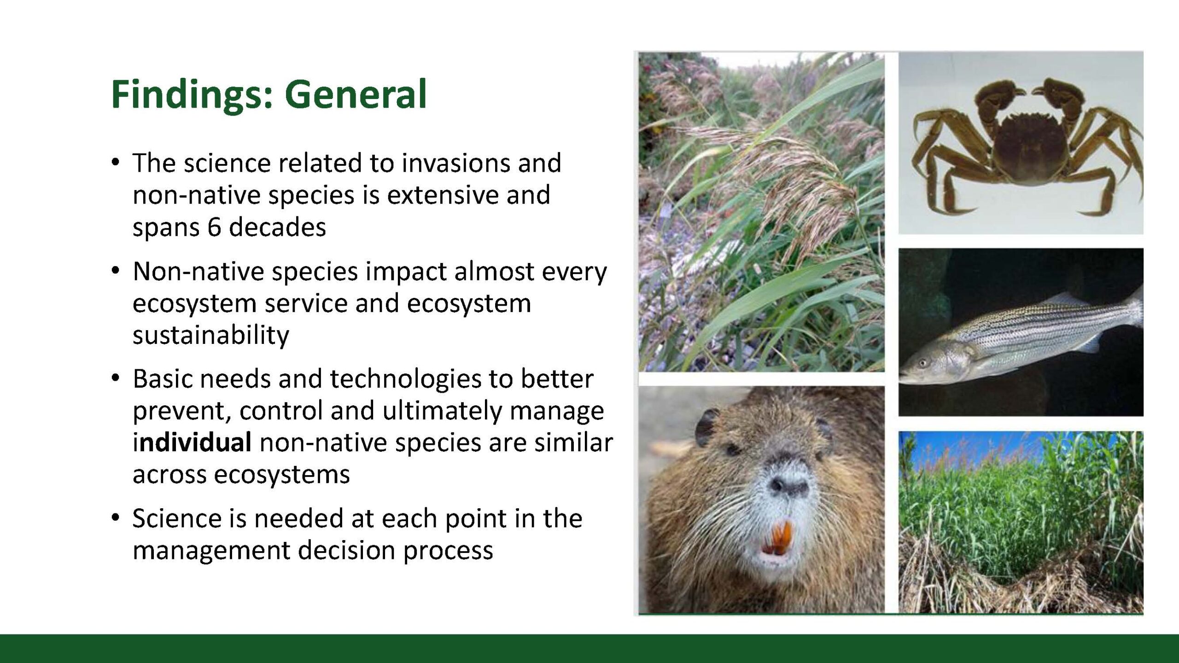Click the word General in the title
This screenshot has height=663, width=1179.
click(x=356, y=94)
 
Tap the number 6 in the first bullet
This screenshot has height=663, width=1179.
click(x=214, y=227)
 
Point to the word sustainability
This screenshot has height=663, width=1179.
click(x=211, y=335)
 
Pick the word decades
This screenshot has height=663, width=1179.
click(x=277, y=227)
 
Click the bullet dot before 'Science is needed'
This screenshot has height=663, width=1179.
click(x=116, y=518)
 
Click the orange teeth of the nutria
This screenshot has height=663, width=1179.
click(x=777, y=538)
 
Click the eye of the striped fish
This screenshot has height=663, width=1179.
click(x=922, y=363)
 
